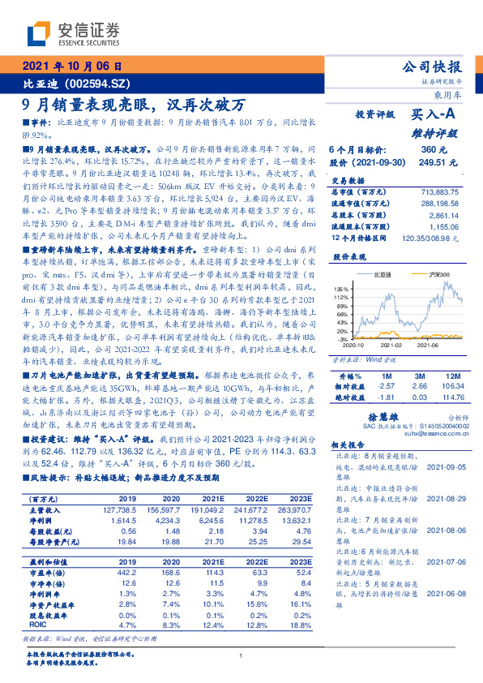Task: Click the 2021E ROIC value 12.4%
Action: click(x=213, y=624)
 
